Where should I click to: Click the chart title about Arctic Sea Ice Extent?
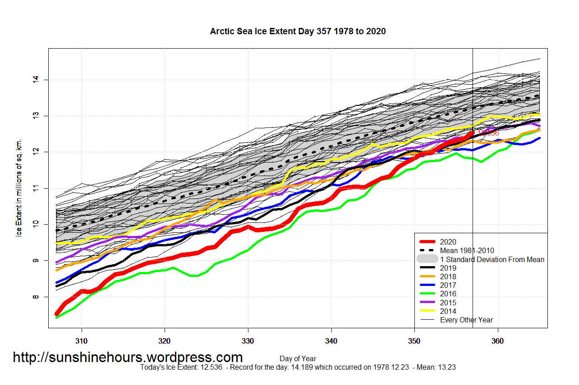(298, 32)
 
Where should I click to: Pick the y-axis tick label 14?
(36, 80)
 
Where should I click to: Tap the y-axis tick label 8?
(36, 297)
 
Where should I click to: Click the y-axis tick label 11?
(36, 188)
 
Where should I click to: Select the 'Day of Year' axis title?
(298, 359)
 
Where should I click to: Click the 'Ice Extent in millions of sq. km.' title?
(19, 189)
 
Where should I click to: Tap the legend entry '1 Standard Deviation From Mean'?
(492, 259)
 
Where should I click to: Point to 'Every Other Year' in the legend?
(466, 320)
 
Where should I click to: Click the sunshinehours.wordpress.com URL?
(128, 358)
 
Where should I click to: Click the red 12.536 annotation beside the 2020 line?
(489, 133)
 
